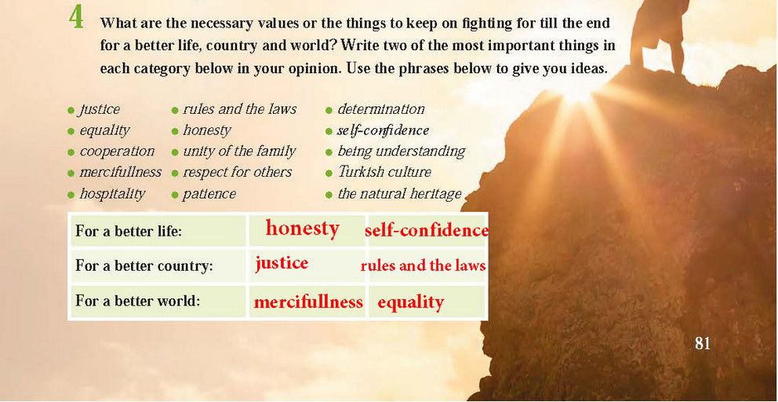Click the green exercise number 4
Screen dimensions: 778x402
tap(76, 18)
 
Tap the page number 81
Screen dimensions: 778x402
tap(703, 343)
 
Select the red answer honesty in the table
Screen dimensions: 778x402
tap(303, 228)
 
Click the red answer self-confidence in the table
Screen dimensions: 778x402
tap(427, 231)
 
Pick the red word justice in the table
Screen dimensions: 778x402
tap(282, 262)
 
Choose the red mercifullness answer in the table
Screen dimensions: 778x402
tap(309, 302)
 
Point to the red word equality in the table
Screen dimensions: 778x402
tap(410, 302)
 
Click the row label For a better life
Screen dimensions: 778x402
tap(129, 232)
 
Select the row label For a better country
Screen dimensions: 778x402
tap(144, 266)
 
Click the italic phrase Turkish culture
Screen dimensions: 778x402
tap(384, 172)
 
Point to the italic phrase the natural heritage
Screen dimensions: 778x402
tap(399, 193)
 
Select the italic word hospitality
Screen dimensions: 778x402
tap(112, 194)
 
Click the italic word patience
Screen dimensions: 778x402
tap(209, 194)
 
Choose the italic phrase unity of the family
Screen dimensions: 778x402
tap(239, 151)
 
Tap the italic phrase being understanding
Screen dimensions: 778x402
tap(402, 151)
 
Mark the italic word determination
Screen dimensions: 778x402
tap(381, 109)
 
